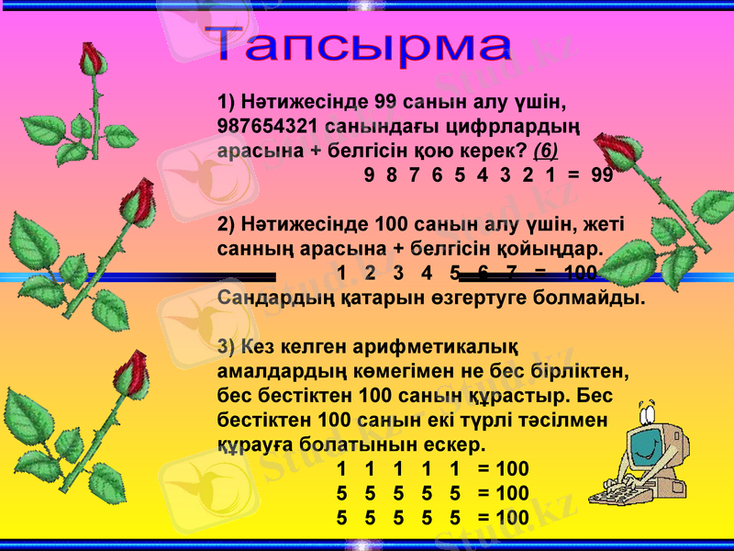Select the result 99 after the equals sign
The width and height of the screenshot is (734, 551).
602,174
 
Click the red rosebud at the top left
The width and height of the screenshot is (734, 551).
92,60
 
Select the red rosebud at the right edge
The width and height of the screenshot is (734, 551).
614,152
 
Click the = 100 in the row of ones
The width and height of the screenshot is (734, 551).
503,469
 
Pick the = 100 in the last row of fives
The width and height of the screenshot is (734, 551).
503,518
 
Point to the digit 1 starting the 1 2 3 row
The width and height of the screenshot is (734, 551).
342,273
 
